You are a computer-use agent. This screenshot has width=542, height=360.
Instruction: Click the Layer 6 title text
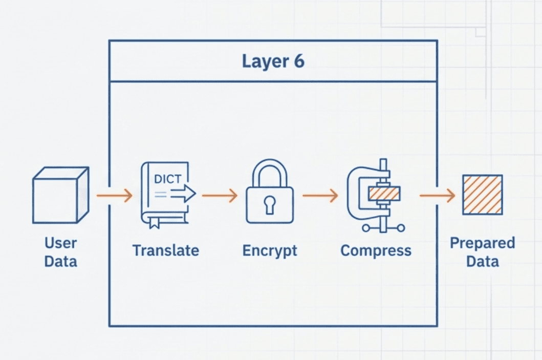(x=273, y=61)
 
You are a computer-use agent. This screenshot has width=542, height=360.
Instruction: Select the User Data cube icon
(x=60, y=195)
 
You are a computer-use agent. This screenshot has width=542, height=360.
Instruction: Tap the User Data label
(x=60, y=251)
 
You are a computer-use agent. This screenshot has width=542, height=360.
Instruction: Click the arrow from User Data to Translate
(x=114, y=195)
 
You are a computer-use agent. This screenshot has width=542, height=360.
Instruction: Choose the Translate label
(x=166, y=250)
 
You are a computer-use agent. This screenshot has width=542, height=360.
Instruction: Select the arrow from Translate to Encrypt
(x=220, y=195)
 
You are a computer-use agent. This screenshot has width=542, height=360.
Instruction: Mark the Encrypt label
(x=270, y=250)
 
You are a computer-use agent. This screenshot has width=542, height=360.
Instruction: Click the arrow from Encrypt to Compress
(x=320, y=195)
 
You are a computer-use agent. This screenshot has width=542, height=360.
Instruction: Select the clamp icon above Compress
(x=375, y=195)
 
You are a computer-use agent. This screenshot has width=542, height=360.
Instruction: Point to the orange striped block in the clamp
(x=384, y=194)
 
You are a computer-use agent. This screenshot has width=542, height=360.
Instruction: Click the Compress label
(x=376, y=250)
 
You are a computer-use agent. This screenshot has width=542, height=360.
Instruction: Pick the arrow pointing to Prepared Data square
(x=437, y=195)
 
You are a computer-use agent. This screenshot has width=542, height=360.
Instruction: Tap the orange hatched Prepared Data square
(x=482, y=195)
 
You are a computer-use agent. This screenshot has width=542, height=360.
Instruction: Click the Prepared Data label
(x=482, y=251)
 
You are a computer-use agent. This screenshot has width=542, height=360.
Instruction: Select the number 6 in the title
(x=298, y=61)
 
